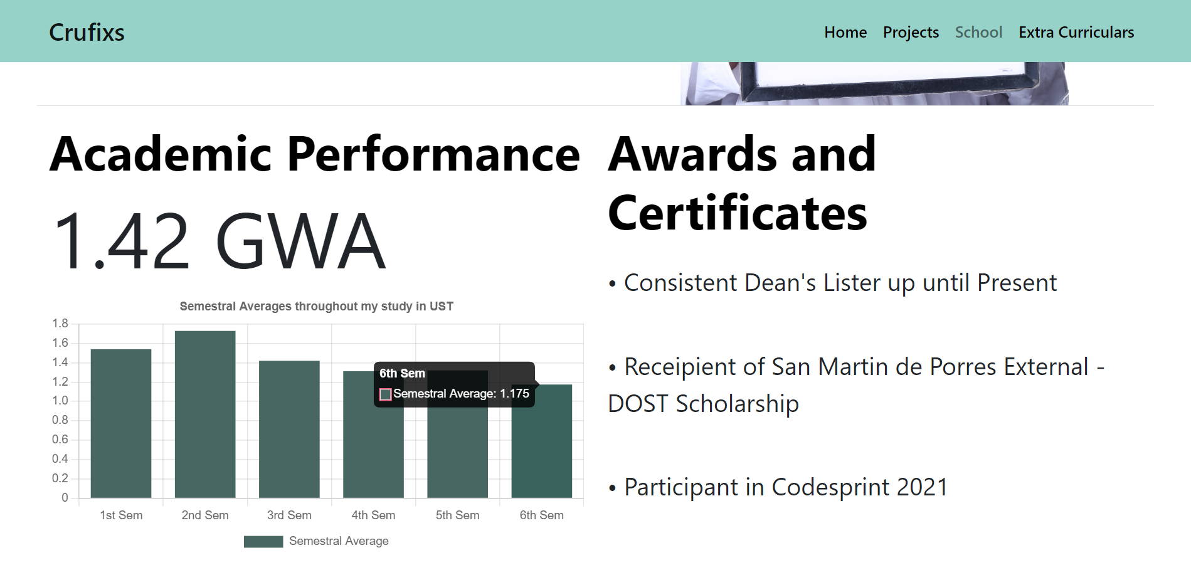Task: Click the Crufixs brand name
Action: (87, 33)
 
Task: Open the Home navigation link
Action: (845, 32)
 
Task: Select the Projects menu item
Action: (911, 33)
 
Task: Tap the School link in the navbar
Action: (978, 32)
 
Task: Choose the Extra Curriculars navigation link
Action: (1076, 32)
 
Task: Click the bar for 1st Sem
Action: (121, 423)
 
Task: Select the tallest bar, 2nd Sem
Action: (205, 415)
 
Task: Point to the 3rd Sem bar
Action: (289, 430)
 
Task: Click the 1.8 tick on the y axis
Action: (60, 324)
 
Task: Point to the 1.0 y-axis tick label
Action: (60, 401)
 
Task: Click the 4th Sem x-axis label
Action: (373, 515)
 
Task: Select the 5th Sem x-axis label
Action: (457, 515)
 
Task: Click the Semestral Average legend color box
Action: (263, 541)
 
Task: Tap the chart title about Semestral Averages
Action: (317, 306)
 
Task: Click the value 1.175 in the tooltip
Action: (514, 394)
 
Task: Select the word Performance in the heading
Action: (433, 154)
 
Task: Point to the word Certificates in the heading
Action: (738, 213)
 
